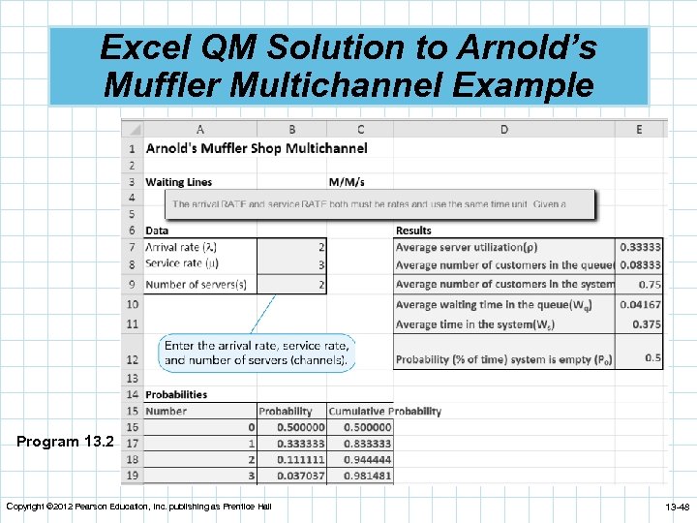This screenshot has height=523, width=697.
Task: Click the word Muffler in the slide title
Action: point(156,85)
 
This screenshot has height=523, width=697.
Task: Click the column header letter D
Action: point(504,129)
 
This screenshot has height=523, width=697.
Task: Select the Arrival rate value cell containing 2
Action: point(320,247)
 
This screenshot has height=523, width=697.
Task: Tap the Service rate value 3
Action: point(320,264)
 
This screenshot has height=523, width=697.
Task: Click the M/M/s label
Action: point(348,181)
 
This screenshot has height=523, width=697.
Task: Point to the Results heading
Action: point(413,231)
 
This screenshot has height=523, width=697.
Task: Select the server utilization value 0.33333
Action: point(641,247)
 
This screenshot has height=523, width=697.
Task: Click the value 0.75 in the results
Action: point(650,285)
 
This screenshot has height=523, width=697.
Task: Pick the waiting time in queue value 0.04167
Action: point(641,305)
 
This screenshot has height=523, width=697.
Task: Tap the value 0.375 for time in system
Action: point(647,324)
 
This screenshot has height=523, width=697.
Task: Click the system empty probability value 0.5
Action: point(653,358)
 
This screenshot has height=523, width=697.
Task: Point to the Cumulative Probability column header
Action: point(384,411)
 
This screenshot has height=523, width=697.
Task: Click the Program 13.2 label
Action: point(65,442)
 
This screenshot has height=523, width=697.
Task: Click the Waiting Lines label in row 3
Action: point(178,181)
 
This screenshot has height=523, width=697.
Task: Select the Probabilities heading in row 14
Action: point(176,394)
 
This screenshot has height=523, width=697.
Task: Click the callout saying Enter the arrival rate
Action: point(257,353)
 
